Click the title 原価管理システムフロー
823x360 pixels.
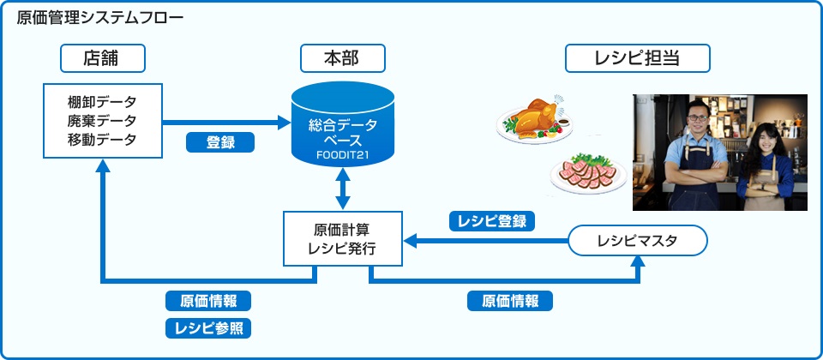click(99, 18)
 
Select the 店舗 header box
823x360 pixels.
click(102, 58)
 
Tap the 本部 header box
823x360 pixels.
click(342, 58)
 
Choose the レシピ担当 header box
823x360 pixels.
click(637, 58)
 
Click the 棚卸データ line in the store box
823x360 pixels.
click(102, 102)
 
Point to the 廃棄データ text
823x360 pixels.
click(102, 120)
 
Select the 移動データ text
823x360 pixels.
click(102, 138)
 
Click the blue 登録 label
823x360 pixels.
click(220, 143)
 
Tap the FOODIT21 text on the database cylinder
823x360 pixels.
click(343, 155)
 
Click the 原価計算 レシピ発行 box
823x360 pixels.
click(343, 238)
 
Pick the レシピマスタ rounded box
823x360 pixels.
click(637, 241)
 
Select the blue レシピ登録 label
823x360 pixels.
click(493, 221)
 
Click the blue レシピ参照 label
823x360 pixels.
click(208, 327)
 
